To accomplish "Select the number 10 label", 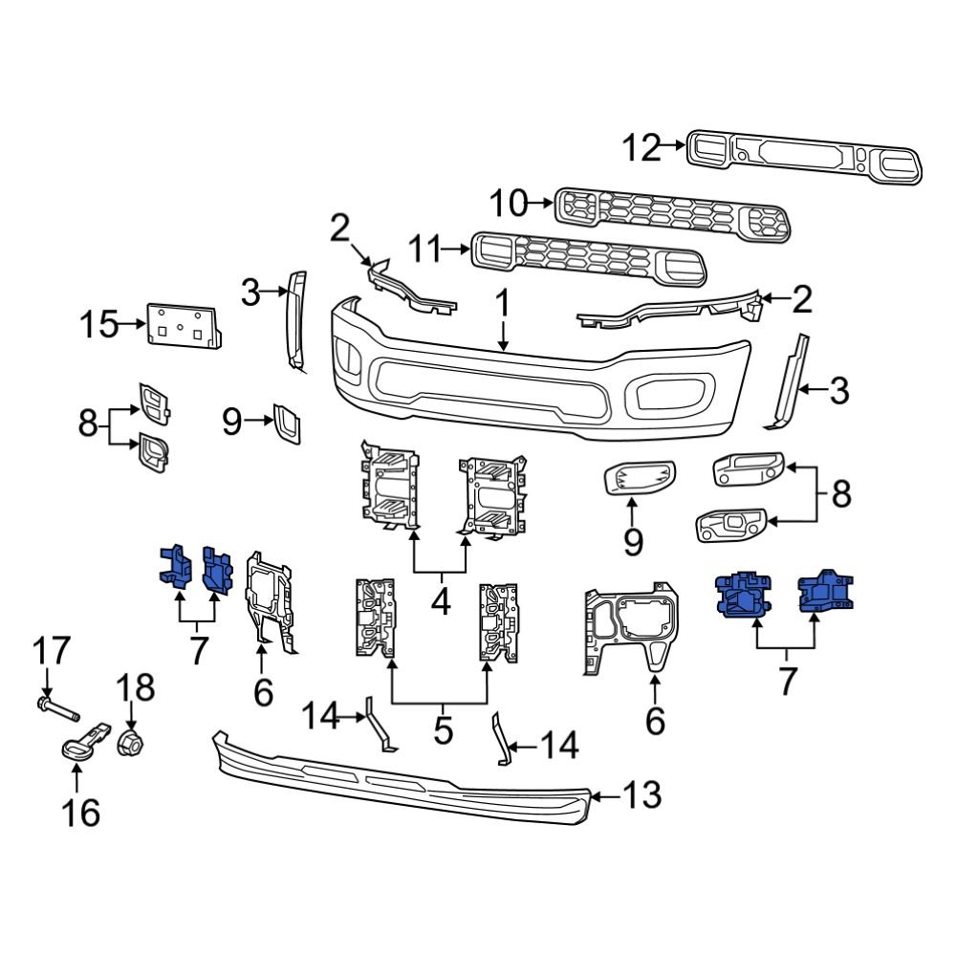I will pyautogui.click(x=508, y=203).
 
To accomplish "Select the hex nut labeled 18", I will pyautogui.click(x=131, y=741).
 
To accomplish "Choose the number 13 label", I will pyautogui.click(x=641, y=794).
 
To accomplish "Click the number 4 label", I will pyautogui.click(x=442, y=603).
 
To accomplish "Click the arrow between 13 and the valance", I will pyautogui.click(x=604, y=794).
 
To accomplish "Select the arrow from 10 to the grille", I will pyautogui.click(x=542, y=203).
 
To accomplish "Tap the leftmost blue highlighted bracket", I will pyautogui.click(x=171, y=565).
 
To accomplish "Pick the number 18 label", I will pyautogui.click(x=134, y=688).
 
